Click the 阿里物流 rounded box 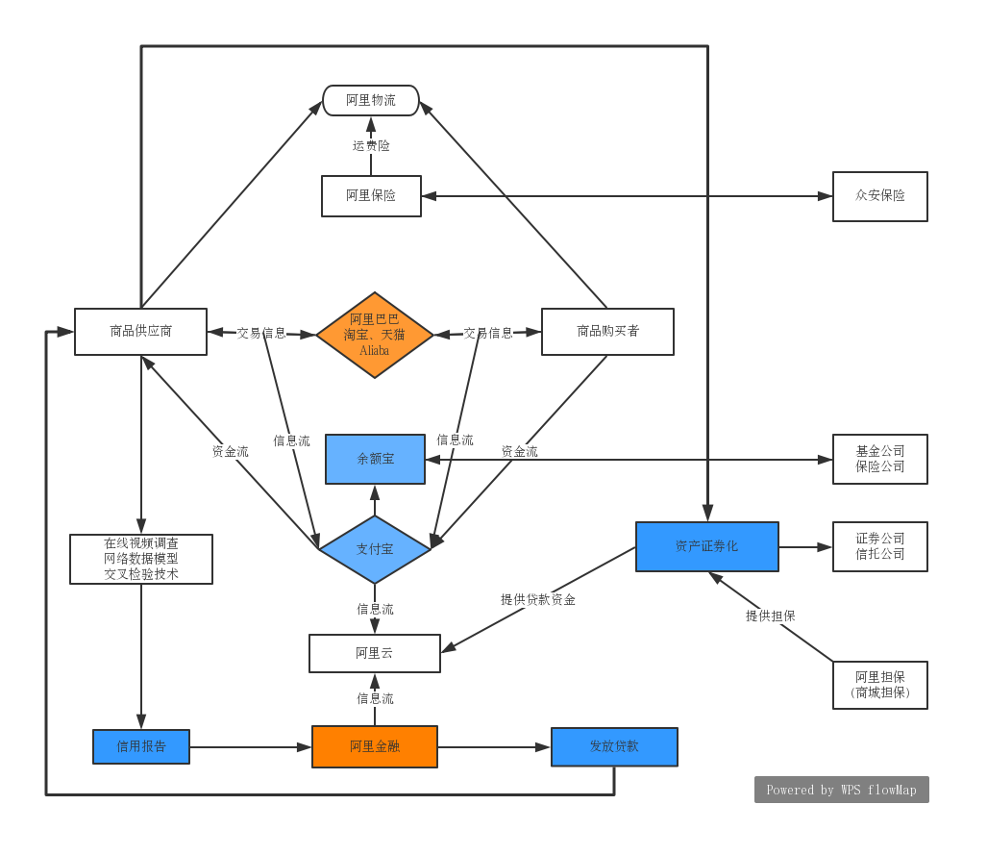click(371, 100)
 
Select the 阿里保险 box click(371, 196)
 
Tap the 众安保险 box click(879, 196)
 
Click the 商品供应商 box click(140, 332)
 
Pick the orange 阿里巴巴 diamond click(375, 335)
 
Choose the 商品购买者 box click(607, 332)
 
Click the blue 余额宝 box click(375, 459)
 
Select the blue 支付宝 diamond click(375, 549)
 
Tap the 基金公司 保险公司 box click(879, 459)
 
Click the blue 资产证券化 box click(706, 546)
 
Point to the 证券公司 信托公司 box click(879, 546)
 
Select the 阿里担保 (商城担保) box click(879, 685)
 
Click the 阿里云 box click(375, 653)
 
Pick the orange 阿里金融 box click(375, 746)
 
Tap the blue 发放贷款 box click(614, 746)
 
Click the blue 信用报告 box click(141, 746)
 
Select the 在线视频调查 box click(141, 559)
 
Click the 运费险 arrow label click(371, 146)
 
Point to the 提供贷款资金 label click(538, 599)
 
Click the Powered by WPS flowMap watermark click(841, 790)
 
